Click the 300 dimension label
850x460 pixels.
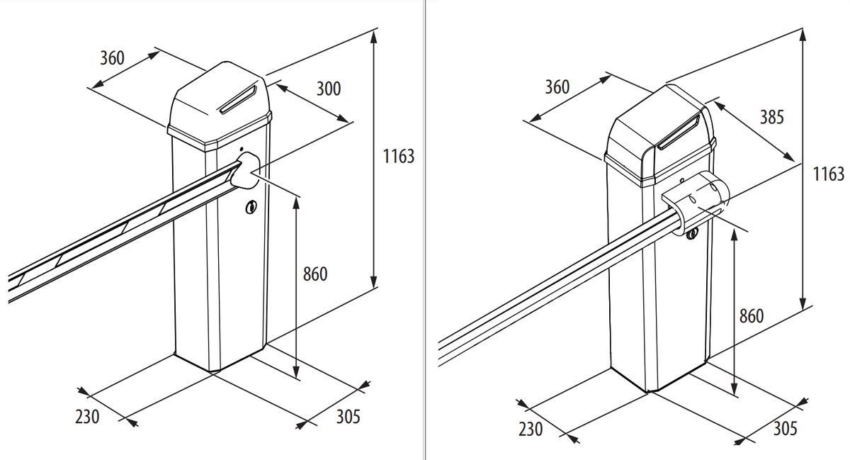pyautogui.click(x=329, y=89)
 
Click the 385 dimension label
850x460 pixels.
pyautogui.click(x=772, y=117)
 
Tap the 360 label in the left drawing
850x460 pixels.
pyautogui.click(x=112, y=58)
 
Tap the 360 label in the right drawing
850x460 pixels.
pyautogui.click(x=557, y=87)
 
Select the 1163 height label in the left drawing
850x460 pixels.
pyautogui.click(x=398, y=157)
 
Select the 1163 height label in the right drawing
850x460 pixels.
pyautogui.click(x=828, y=174)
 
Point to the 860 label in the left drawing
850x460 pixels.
pyautogui.click(x=315, y=274)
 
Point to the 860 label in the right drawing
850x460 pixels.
pyautogui.click(x=752, y=316)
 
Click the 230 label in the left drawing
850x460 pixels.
pyautogui.click(x=87, y=417)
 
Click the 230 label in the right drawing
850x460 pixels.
pyautogui.click(x=531, y=430)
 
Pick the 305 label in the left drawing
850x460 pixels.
pyautogui.click(x=348, y=417)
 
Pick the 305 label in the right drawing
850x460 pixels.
pyautogui.click(x=785, y=429)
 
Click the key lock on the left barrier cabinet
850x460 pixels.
pyautogui.click(x=251, y=207)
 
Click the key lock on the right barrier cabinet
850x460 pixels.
pyautogui.click(x=692, y=235)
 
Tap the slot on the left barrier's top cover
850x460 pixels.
pyautogui.click(x=238, y=99)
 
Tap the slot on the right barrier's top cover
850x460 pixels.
pyautogui.click(x=679, y=133)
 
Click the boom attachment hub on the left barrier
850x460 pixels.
pyautogui.click(x=245, y=171)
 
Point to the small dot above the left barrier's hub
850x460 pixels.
pyautogui.click(x=242, y=149)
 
